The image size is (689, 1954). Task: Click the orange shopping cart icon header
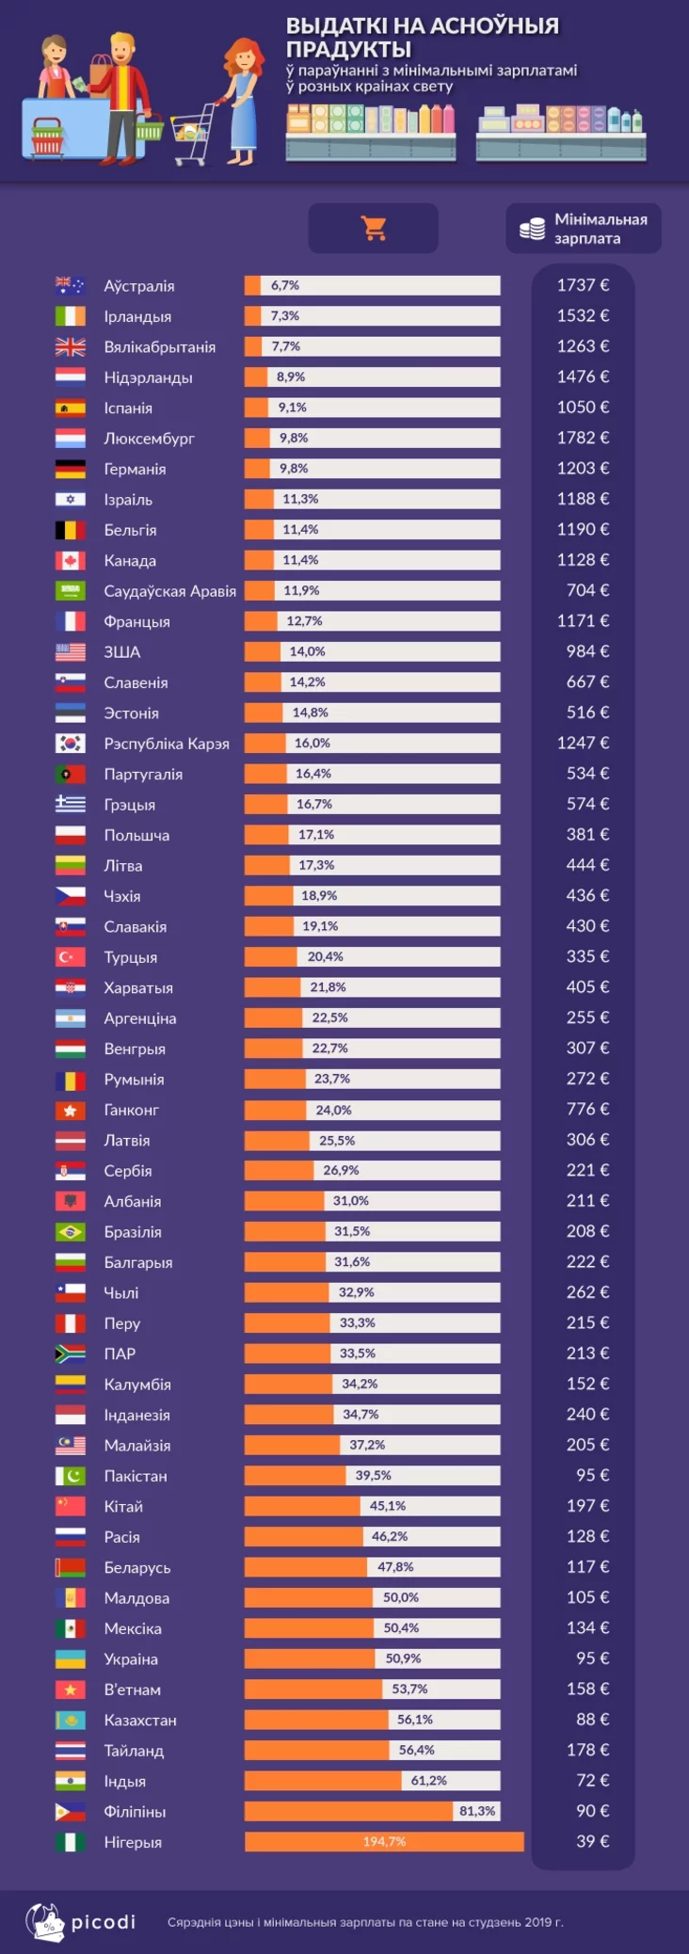(x=374, y=228)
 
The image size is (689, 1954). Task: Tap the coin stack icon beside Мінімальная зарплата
(x=533, y=229)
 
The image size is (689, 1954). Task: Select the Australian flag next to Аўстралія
(x=70, y=285)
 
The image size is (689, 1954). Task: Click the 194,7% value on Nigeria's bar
(x=384, y=1841)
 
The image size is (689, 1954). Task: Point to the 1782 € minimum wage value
(x=583, y=438)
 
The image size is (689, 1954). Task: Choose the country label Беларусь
(x=137, y=1567)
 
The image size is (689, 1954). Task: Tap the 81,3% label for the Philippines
(x=477, y=1811)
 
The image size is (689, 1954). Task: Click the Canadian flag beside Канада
(x=70, y=560)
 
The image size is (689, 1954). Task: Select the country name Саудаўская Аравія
(x=170, y=591)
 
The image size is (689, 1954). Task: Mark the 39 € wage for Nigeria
(x=592, y=1840)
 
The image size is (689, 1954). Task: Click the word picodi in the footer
(x=104, y=1921)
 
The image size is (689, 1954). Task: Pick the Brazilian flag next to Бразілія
(x=70, y=1231)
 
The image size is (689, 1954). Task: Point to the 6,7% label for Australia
(x=285, y=285)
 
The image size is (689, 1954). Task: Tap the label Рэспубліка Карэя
(x=167, y=744)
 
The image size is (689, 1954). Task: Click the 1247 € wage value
(x=583, y=743)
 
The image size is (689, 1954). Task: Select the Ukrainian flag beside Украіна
(x=70, y=1658)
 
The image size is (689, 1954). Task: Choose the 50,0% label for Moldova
(x=401, y=1597)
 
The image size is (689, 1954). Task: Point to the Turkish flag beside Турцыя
(x=70, y=956)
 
